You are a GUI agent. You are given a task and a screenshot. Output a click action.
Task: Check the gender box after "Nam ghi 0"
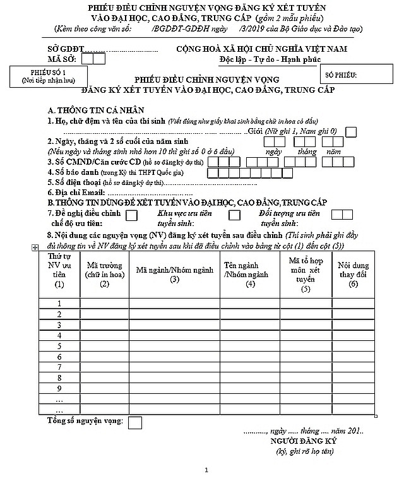[352, 131]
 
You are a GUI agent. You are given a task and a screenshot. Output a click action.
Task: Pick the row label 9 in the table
[59, 388]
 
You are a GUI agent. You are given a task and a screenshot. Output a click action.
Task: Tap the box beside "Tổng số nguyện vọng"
[135, 422]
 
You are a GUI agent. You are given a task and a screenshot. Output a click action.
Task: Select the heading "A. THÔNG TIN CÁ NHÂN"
[90, 109]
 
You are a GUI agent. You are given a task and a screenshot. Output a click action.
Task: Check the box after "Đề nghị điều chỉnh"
[132, 215]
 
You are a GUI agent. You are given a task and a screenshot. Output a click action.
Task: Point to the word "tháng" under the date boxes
[307, 152]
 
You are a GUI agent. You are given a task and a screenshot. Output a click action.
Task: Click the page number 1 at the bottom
[206, 470]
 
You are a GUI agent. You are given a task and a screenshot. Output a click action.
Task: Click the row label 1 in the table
[59, 304]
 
